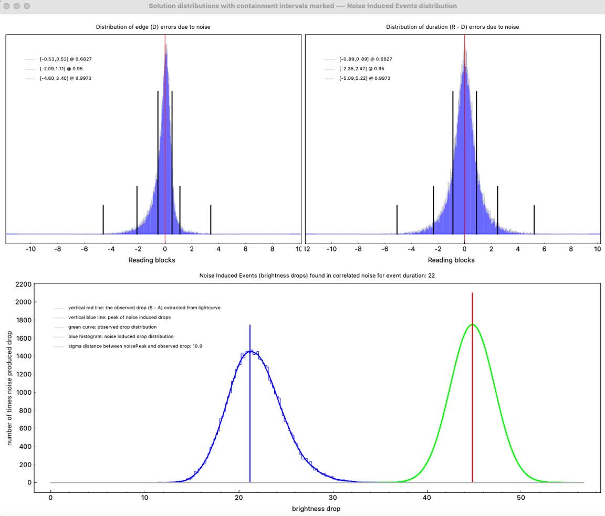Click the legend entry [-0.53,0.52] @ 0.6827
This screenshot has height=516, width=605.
tap(61, 59)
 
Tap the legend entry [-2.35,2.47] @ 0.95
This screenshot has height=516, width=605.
tap(360, 69)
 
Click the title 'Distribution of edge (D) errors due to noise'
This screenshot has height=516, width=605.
tap(153, 27)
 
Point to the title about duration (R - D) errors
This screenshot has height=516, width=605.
tap(452, 27)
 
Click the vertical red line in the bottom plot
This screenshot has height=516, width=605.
tap(472, 388)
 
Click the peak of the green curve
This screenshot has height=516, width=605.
tap(472, 324)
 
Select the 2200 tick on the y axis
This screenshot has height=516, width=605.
tap(24, 284)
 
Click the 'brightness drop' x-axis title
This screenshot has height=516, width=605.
tap(316, 509)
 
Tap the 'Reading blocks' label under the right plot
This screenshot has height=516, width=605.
tap(451, 260)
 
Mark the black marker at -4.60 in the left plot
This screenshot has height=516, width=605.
tap(103, 219)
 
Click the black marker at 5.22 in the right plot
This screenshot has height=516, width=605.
tap(534, 219)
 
